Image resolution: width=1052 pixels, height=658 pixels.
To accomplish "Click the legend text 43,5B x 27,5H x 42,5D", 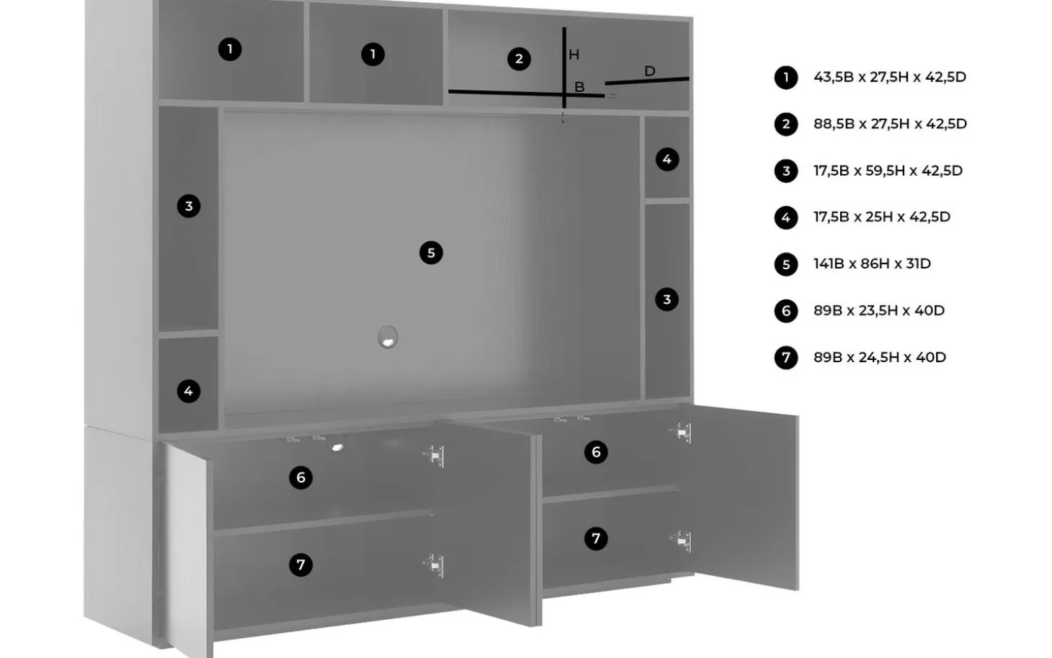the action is pos(889,77).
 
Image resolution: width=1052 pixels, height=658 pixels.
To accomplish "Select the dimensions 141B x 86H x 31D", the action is pos(872,263).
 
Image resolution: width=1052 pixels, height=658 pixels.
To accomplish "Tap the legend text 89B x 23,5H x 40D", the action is pos(878,310).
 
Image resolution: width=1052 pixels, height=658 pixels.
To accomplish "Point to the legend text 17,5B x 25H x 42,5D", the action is pos(882,217).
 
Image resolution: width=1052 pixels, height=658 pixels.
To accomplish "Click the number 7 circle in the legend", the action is pos(786,358).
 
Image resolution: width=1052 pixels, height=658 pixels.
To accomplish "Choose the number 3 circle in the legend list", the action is pos(786,171).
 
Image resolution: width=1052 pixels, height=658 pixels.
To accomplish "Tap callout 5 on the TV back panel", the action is pos(431,253).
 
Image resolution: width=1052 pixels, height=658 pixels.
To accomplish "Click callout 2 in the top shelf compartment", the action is pos(519,59).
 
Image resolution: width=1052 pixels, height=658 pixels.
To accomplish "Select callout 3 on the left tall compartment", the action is pos(189,206).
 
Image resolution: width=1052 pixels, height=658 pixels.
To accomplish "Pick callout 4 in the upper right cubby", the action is pos(667,160).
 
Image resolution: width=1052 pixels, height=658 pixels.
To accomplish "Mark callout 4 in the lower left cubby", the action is pos(189,391).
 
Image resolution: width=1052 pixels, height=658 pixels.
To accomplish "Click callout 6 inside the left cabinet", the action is pos(301,478).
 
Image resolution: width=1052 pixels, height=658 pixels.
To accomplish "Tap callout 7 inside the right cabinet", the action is pos(596,538).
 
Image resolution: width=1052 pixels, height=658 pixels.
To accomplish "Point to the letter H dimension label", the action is pos(574,55).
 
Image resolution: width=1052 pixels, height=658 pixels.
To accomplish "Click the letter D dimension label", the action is pos(649,71).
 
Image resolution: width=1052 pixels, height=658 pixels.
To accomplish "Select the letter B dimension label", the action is pos(579,87).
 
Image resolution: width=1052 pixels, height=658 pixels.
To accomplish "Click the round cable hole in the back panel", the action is pos(388,337).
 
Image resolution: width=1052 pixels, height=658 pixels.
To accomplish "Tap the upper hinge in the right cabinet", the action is pos(682,432).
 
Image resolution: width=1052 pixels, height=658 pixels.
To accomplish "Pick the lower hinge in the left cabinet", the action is pos(434,566).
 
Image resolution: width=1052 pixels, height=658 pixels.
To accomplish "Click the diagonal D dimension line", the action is pos(647,81).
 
